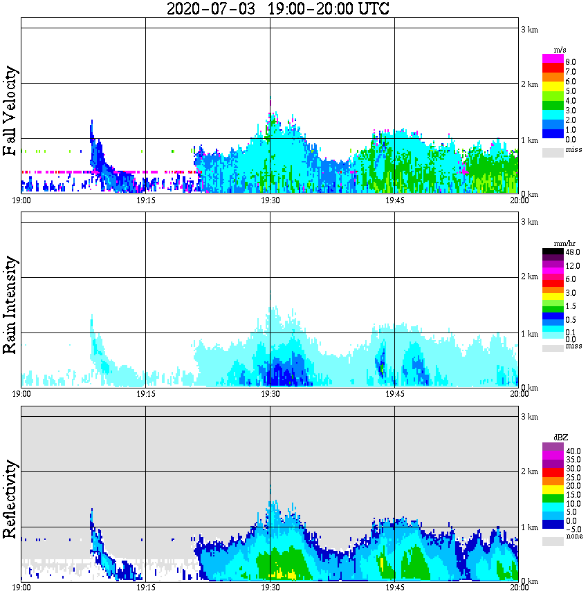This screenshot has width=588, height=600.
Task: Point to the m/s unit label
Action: pyautogui.click(x=560, y=50)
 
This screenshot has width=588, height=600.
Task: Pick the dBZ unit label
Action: pyautogui.click(x=560, y=438)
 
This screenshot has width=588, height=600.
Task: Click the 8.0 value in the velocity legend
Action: pyautogui.click(x=571, y=62)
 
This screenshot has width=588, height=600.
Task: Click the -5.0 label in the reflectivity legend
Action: pyautogui.click(x=573, y=528)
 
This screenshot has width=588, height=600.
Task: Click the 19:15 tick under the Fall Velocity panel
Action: pyautogui.click(x=145, y=200)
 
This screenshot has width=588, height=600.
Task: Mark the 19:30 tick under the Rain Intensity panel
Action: pyautogui.click(x=270, y=394)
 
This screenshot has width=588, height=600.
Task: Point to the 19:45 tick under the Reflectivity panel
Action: pyautogui.click(x=394, y=588)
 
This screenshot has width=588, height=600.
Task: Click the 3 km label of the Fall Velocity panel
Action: pyautogui.click(x=529, y=29)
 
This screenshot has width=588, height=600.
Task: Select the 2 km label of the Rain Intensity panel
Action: pyautogui.click(x=529, y=279)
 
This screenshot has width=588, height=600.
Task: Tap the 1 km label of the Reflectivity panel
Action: pyautogui.click(x=529, y=528)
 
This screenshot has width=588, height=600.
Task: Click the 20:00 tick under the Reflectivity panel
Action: pyautogui.click(x=519, y=588)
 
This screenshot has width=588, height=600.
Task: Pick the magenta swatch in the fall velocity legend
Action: pyautogui.click(x=553, y=59)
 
